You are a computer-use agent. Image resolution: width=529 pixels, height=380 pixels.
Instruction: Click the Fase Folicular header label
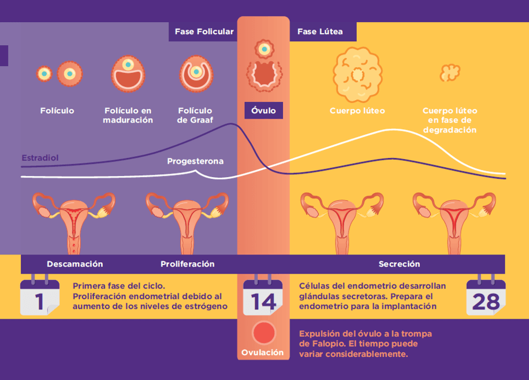click(204, 32)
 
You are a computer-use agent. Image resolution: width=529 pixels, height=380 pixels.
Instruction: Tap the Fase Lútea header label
click(320, 32)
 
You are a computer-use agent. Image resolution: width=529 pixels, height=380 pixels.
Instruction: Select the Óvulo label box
click(263, 110)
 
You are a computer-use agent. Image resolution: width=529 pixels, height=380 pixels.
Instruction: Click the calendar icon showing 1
click(39, 297)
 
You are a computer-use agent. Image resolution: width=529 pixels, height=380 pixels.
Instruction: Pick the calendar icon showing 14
click(263, 297)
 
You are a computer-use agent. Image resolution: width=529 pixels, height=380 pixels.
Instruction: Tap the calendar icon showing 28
click(486, 297)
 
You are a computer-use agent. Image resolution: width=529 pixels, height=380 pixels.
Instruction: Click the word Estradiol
click(40, 158)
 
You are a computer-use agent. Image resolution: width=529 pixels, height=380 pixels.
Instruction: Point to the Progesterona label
click(195, 161)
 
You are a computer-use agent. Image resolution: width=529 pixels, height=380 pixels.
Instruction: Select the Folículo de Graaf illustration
click(196, 73)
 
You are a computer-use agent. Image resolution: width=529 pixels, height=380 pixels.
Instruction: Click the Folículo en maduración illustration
click(128, 73)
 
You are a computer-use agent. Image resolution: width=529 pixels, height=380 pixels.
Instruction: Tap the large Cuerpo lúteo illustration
click(357, 74)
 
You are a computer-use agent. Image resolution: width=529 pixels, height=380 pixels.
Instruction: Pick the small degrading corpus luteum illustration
click(449, 73)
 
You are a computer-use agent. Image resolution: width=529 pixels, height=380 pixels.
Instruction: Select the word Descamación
click(75, 264)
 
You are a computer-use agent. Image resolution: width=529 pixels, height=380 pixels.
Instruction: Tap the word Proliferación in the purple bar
click(187, 264)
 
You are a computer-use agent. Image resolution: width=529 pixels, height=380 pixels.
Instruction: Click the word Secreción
click(399, 264)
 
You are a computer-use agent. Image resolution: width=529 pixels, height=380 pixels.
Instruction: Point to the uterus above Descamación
click(73, 223)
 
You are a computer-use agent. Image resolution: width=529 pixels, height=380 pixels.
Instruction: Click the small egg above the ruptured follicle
click(263, 50)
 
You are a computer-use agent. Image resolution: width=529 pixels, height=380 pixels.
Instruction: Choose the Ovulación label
click(263, 352)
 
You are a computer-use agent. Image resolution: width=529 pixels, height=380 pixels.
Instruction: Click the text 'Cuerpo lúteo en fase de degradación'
click(450, 120)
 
